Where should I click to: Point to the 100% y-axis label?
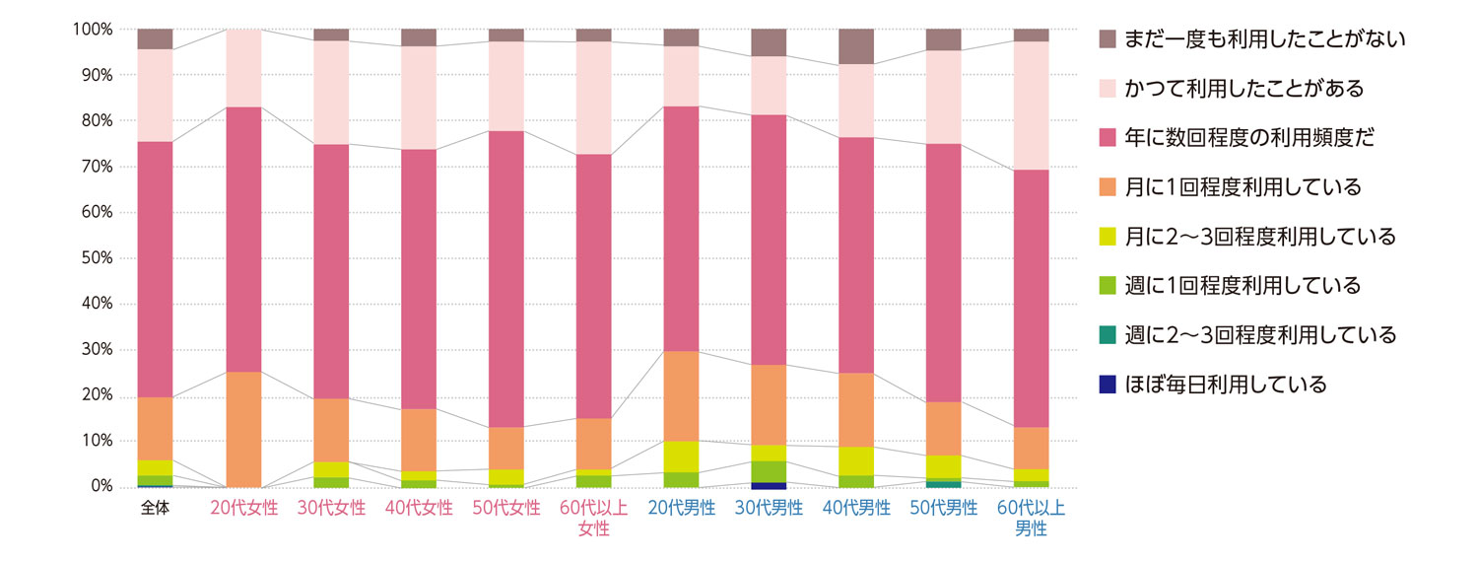(93, 30)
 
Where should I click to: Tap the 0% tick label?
(101, 487)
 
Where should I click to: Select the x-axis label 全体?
(155, 509)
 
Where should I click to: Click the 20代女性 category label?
(244, 509)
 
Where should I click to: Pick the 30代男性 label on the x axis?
(769, 509)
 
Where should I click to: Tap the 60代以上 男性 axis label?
(1031, 519)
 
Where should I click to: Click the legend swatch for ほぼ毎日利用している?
(1108, 385)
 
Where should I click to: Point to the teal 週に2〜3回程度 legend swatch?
(1108, 335)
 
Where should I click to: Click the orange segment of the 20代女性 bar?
(244, 429)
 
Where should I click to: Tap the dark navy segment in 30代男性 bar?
(769, 484)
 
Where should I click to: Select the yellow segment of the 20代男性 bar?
(682, 457)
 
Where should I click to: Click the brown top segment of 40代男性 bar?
(856, 46)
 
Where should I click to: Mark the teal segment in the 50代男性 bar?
(943, 483)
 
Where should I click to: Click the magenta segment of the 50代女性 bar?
(506, 278)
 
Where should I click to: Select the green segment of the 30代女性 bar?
(332, 482)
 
